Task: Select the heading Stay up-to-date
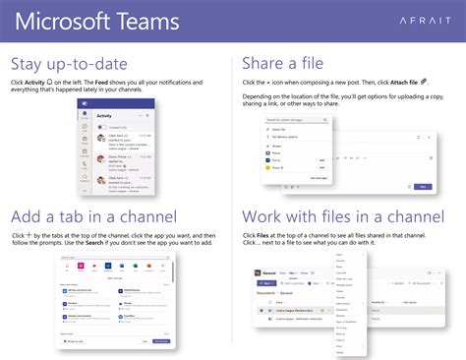click(x=71, y=64)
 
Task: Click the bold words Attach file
click(x=398, y=82)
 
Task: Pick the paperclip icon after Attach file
click(x=423, y=82)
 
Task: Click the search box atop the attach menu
click(x=295, y=119)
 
